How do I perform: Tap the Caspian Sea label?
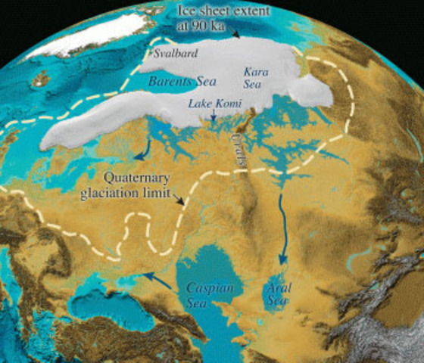point(210,294)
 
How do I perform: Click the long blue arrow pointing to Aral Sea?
point(282,227)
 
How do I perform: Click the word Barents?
point(162,79)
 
